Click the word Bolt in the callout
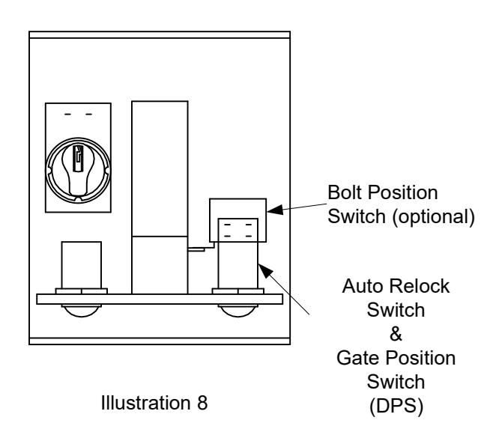[345, 192]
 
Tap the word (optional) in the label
[434, 217]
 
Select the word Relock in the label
[419, 286]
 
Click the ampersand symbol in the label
[396, 334]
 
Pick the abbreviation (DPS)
[396, 406]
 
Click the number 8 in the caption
[202, 403]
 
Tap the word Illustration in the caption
[146, 403]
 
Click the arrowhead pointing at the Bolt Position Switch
[275, 210]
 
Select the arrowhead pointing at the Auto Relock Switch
[265, 271]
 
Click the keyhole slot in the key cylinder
[77, 159]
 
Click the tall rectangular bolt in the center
[160, 198]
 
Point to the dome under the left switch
[82, 311]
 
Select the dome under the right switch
[238, 311]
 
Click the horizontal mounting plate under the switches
[160, 299]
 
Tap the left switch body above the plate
[82, 265]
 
